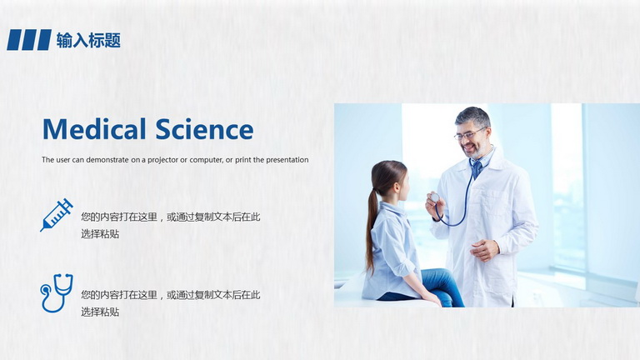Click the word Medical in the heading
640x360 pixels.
click(94, 129)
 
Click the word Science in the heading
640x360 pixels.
click(204, 129)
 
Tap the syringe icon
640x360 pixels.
click(57, 215)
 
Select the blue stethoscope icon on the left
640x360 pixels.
click(57, 293)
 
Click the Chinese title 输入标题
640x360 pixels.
click(88, 40)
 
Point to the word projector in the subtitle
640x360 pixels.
click(162, 160)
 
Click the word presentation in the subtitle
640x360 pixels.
click(287, 160)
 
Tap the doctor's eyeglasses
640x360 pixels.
click(469, 134)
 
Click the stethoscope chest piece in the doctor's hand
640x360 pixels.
click(435, 198)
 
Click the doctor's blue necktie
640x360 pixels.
click(476, 168)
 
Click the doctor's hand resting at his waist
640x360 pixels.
click(485, 249)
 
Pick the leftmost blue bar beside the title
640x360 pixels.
click(14, 40)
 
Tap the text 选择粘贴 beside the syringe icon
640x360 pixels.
click(100, 234)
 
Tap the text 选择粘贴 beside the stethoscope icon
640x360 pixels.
click(100, 312)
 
